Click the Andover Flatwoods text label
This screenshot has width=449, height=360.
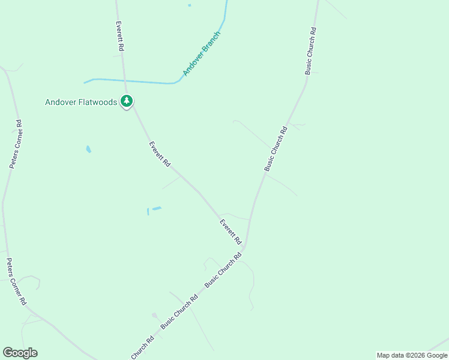tap(81, 102)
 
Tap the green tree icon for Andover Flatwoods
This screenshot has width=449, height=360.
tap(126, 101)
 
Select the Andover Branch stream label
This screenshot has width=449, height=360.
tap(202, 53)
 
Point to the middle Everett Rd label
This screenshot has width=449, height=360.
tap(160, 154)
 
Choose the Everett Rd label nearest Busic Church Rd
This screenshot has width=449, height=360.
tap(230, 232)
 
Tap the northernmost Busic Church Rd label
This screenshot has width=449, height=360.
tap(310, 50)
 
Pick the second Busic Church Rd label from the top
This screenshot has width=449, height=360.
tap(276, 148)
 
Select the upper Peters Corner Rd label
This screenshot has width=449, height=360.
tap(16, 144)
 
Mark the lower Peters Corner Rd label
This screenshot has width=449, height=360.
tap(16, 281)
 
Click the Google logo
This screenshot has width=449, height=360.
tap(20, 353)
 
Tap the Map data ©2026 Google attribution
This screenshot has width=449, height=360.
tap(412, 355)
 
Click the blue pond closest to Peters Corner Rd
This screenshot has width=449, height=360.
tap(89, 149)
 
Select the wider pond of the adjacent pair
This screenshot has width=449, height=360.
tap(157, 208)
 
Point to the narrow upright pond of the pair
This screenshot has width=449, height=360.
tap(148, 211)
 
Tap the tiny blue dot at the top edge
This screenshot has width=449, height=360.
tap(189, 5)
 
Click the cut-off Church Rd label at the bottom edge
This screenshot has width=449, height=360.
tap(143, 347)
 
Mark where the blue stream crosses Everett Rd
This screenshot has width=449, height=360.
tap(124, 80)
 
